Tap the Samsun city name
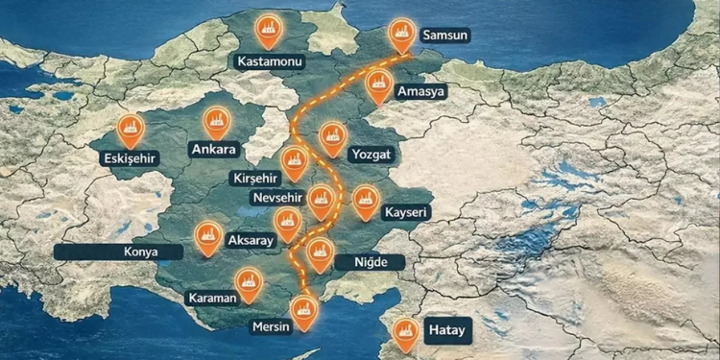(x=449, y=36)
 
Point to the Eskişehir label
(x=127, y=157)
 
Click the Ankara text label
(x=213, y=150)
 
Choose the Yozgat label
(x=372, y=154)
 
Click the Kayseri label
(x=404, y=211)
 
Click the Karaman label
(x=211, y=298)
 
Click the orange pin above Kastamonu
(x=268, y=32)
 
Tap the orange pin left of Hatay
(x=407, y=332)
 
